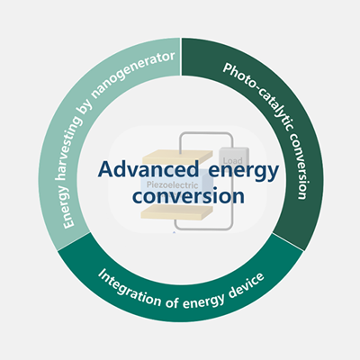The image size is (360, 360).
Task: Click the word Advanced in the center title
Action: point(148,170)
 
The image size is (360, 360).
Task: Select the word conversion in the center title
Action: point(188,196)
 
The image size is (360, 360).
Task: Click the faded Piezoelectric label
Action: point(172,185)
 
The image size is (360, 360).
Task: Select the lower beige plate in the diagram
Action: point(177,213)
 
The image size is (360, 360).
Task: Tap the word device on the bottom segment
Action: point(246,285)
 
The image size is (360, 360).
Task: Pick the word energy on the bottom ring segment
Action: point(203,301)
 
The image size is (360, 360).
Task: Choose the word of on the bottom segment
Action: point(172,302)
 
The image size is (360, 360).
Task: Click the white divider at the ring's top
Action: point(181,57)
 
